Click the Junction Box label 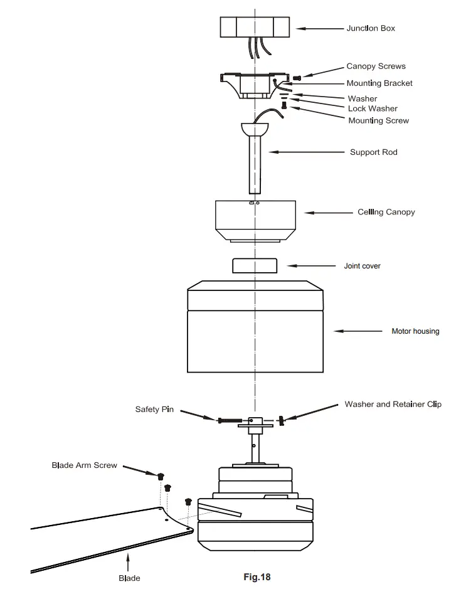(371, 28)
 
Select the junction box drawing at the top (255, 28)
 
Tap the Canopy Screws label (376, 66)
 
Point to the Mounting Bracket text (379, 83)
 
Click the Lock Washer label (373, 109)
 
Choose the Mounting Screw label (378, 120)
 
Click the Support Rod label (373, 152)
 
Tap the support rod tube (255, 164)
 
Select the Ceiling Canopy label (386, 212)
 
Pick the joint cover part (255, 265)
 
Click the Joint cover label (362, 266)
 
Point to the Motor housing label (415, 331)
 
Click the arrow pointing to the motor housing (358, 331)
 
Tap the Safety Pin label (154, 410)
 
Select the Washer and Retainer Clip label (393, 405)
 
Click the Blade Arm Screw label (84, 465)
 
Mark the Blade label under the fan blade (129, 578)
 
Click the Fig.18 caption (257, 576)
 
